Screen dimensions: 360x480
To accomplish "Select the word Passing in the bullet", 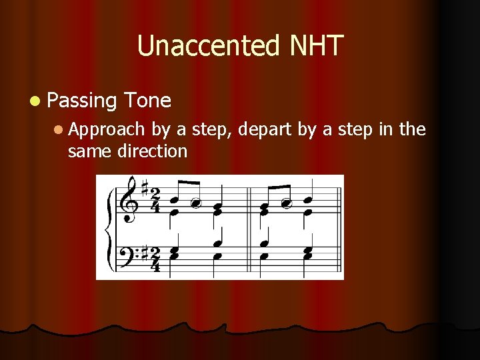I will coord(83,101).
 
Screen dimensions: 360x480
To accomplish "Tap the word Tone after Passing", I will coord(147,101).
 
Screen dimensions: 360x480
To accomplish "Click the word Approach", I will coord(106,129).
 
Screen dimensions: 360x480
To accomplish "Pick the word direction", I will coord(152,151).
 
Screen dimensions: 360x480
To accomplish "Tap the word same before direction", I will coord(90,151).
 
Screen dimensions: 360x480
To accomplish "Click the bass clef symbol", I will coord(127,255).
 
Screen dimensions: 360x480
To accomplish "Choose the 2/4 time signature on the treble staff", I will coord(155,200).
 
